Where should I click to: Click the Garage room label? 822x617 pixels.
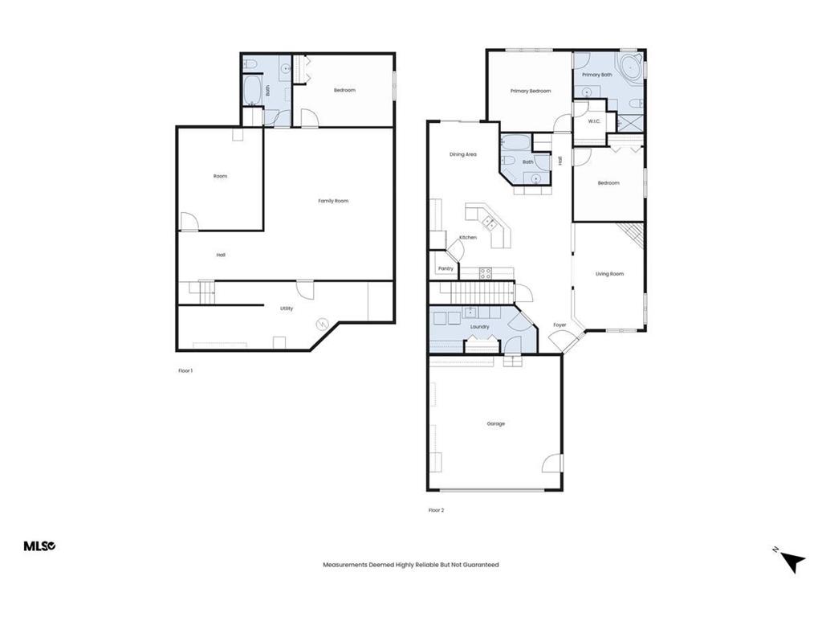coord(495,423)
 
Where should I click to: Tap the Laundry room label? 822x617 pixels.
coord(479,327)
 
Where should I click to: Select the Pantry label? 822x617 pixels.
coord(446,268)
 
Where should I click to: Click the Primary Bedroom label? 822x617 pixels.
coord(531,91)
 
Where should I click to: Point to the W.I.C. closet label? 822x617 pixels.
coord(594,121)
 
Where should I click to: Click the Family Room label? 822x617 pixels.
coord(333,201)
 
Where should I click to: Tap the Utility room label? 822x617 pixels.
coord(287,308)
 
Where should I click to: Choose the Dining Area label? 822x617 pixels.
coord(463,154)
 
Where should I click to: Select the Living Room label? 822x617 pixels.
coord(609,274)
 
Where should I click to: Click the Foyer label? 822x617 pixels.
coord(560,325)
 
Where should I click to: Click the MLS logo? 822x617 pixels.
coord(39,546)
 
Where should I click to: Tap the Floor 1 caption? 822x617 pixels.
coord(185,370)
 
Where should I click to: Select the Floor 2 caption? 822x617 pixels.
coord(436,510)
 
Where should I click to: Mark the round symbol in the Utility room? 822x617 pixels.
coord(322,324)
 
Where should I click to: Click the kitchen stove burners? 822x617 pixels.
coord(486,274)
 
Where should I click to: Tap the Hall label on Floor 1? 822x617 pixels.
coord(221,255)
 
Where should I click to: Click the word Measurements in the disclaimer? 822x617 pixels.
coord(344,565)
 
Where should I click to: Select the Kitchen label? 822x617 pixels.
coord(468,238)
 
